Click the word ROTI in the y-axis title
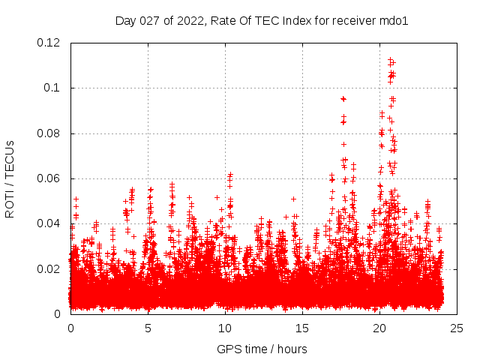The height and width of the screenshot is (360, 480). coord(10,202)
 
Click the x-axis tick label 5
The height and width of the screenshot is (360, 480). coord(148,328)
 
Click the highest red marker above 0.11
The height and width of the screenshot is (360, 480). coord(391,59)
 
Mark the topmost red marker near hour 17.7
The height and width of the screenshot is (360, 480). coord(343,98)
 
